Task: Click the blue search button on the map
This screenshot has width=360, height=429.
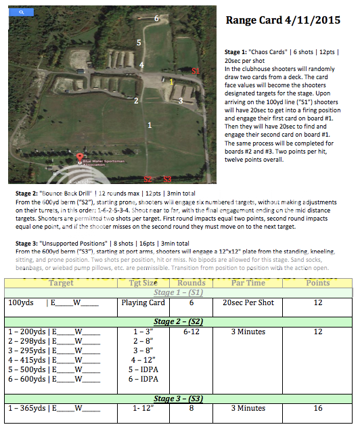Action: (22, 12)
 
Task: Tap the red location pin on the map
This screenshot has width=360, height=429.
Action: (80, 158)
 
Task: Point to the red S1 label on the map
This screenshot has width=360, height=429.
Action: (196, 71)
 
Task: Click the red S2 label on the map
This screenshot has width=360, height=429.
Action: (148, 179)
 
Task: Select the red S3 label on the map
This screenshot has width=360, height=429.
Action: (167, 179)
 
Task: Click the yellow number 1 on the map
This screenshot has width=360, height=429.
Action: (171, 82)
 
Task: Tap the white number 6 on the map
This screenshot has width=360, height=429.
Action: (157, 18)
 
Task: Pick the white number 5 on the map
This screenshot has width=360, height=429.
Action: (139, 43)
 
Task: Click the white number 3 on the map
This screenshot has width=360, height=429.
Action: (180, 101)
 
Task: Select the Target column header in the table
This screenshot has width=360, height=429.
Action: (61, 282)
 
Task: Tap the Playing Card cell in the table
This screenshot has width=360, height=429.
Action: (142, 302)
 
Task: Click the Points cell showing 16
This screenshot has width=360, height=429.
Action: (318, 408)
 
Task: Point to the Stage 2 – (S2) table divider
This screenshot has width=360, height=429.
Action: (177, 321)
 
